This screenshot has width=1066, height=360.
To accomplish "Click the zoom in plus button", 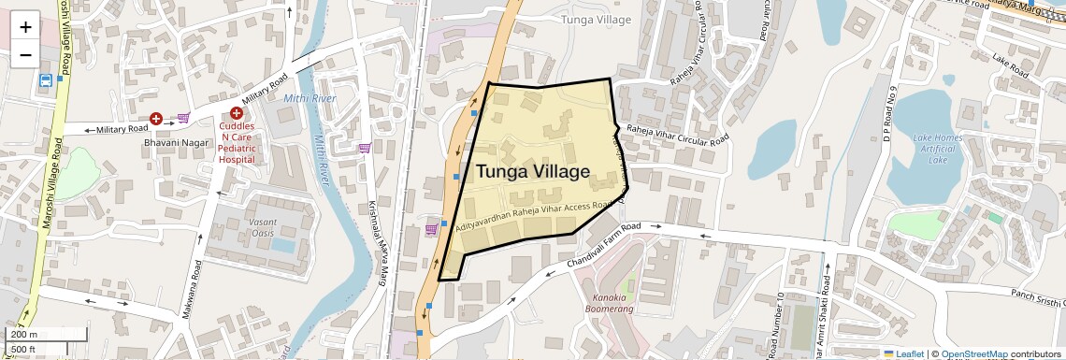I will (25, 26).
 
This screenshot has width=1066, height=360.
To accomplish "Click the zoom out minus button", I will (25, 54).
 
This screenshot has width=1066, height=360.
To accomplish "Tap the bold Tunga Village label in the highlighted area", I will (533, 172).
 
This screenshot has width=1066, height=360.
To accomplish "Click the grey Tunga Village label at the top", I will (595, 19).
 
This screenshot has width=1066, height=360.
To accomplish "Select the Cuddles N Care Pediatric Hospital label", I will (237, 142).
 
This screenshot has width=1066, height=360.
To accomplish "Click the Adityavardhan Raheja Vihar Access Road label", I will (534, 215).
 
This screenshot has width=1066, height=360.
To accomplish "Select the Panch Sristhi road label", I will (1038, 300).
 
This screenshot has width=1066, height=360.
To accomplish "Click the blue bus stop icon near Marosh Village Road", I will (45, 80).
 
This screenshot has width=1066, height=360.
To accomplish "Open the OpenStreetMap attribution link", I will (973, 353).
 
